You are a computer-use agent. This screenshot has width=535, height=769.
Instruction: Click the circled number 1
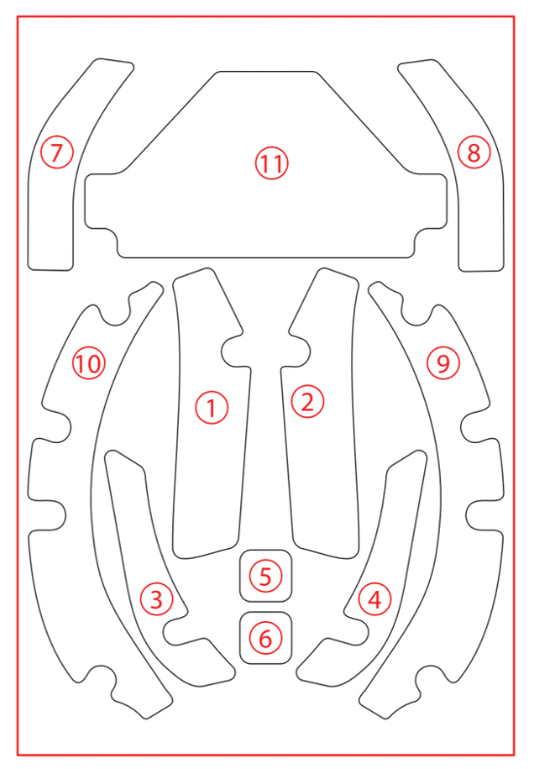point(212,408)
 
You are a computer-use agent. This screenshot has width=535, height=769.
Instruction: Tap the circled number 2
point(307,402)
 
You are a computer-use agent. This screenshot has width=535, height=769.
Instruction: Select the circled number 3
point(157,599)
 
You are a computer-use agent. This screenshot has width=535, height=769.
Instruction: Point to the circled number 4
point(374,599)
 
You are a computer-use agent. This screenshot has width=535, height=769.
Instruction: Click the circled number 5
point(265,575)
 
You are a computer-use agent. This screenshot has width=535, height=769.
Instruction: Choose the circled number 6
point(265,638)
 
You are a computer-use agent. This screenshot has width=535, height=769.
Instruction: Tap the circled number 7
point(56,153)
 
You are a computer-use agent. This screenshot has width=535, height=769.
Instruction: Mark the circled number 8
point(474,153)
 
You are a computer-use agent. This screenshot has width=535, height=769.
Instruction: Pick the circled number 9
point(443,363)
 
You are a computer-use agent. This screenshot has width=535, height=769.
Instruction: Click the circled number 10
point(89,363)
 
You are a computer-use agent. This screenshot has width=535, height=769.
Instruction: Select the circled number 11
point(271,164)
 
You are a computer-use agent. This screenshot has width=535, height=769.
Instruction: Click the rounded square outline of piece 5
point(266,550)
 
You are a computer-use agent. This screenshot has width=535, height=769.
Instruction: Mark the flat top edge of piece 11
point(266,72)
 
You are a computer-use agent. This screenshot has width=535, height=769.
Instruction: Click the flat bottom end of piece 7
point(51,270)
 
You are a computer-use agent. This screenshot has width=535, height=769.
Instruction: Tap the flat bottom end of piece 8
point(481,271)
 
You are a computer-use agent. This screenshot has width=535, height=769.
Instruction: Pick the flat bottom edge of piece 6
point(266,664)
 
